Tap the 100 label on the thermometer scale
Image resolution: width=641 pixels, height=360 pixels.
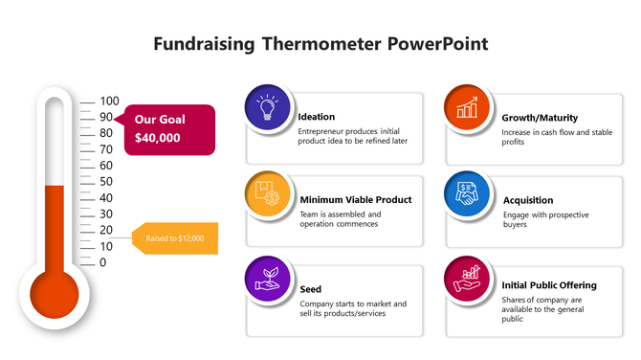tap(109, 101)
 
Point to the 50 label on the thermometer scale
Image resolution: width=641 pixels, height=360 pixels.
tap(106, 182)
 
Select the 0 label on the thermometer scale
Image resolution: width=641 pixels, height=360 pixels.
tap(103, 262)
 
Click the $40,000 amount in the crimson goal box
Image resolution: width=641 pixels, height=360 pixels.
tap(157, 138)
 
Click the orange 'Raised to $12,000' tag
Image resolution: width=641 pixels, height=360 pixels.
tap(176, 238)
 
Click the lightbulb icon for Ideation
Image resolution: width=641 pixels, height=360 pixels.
tap(269, 107)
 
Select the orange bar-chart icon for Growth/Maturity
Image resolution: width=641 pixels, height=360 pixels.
tap(468, 107)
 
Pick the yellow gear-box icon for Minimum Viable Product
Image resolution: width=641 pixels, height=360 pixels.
tap(269, 194)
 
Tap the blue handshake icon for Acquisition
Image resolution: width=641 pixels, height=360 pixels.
tap(468, 194)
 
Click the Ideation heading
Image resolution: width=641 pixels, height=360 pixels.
tap(317, 117)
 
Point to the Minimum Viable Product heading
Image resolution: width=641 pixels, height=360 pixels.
tap(355, 200)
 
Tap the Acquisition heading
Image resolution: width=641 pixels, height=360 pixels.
tap(528, 200)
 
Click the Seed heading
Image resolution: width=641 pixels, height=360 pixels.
tap(310, 288)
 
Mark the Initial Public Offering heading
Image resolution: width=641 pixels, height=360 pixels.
tap(549, 285)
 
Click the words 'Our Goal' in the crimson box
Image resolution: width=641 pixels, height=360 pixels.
tap(160, 120)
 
